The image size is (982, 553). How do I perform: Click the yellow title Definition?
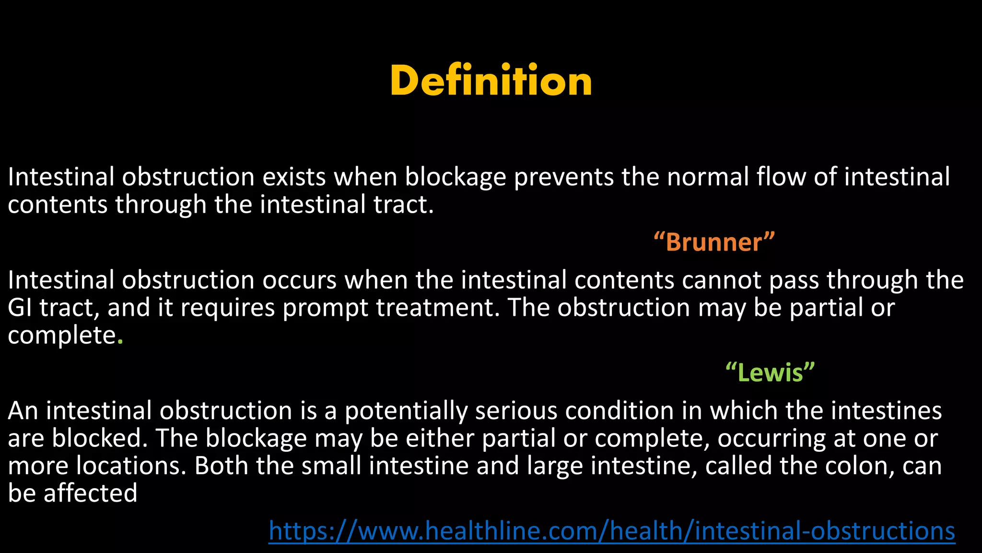491,81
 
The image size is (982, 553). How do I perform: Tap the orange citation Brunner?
714,242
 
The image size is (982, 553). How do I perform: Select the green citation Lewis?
770,373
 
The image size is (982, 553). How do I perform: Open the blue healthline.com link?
612,531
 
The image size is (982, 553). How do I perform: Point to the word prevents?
564,178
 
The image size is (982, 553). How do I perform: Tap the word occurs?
299,280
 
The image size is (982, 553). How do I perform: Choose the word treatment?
438,307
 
